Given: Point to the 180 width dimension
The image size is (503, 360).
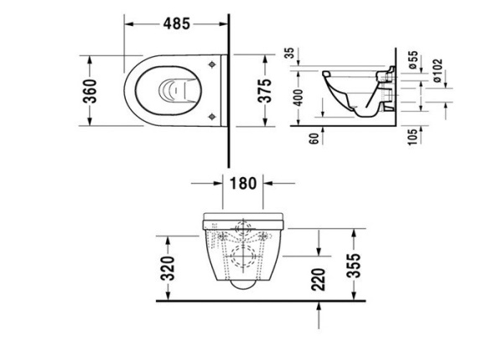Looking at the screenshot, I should (x=242, y=184).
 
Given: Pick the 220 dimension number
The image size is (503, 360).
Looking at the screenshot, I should (x=319, y=279).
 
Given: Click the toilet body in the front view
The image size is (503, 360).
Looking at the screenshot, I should (x=242, y=252).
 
